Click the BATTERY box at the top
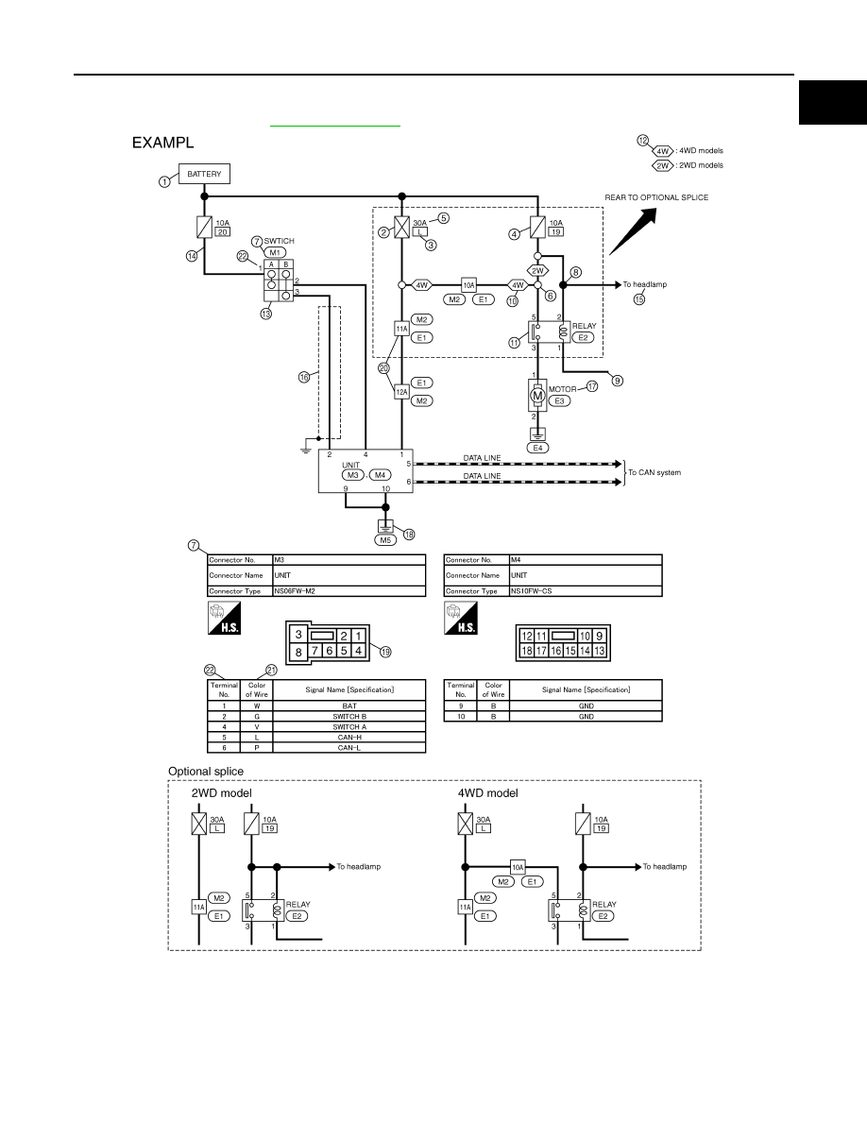pos(204,174)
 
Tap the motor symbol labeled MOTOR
pos(537,395)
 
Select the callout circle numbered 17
pos(592,386)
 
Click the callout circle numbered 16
pos(304,377)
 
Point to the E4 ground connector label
pos(537,448)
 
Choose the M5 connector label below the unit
pos(385,540)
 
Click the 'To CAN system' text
pos(654,472)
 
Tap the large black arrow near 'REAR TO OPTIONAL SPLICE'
pos(633,231)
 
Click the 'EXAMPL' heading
pos(163,143)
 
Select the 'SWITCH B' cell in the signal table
pos(349,716)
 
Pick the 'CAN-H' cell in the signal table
pos(349,737)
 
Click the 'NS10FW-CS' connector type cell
pos(586,591)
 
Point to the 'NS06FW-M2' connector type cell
pos(349,591)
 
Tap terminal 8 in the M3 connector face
pos(299,651)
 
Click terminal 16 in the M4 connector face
pos(556,651)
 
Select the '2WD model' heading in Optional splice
pos(222,792)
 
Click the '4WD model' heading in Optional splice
pos(488,792)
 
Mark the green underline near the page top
pos(335,126)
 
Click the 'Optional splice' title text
pos(206,772)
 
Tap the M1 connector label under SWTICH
pos(275,252)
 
